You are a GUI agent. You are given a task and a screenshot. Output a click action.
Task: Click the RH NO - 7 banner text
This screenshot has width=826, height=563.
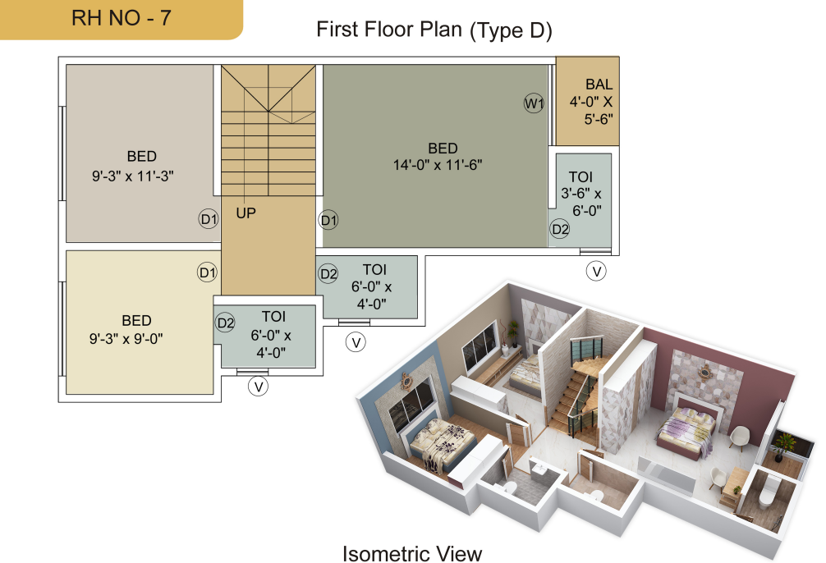[122, 18]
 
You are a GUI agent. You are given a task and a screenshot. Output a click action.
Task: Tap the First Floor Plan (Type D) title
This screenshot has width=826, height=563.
[434, 30]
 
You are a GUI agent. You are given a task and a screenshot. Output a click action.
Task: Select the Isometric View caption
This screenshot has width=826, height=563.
[412, 553]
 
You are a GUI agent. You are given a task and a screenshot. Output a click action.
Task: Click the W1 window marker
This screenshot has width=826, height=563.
[534, 103]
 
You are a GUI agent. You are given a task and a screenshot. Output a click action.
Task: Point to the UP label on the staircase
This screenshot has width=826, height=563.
[246, 213]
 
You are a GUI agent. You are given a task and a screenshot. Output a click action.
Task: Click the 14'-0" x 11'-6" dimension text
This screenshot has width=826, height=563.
[438, 165]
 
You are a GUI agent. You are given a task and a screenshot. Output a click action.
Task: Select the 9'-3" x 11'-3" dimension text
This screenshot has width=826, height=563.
[133, 176]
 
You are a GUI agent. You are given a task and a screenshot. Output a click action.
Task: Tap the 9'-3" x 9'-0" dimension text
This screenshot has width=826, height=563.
[126, 338]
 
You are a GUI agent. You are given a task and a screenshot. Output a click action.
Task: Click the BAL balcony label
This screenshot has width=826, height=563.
[599, 85]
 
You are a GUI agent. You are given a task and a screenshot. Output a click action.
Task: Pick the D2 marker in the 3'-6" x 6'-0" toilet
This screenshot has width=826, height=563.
[559, 229]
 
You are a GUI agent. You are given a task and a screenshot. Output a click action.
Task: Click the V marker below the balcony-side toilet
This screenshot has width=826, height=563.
[596, 271]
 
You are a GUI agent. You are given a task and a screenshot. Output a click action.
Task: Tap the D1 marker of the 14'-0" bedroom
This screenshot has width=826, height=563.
[328, 220]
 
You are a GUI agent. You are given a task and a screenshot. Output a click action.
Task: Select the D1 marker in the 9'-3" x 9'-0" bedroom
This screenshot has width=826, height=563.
[207, 272]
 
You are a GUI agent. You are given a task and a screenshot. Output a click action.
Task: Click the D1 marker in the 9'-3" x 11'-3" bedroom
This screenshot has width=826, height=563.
[209, 218]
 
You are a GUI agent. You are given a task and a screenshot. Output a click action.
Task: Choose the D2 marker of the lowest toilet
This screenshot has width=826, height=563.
[226, 323]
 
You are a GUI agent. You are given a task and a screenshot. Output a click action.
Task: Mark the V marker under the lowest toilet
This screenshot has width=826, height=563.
[258, 387]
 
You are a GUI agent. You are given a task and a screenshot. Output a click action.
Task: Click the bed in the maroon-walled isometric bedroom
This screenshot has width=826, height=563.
[686, 429]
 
